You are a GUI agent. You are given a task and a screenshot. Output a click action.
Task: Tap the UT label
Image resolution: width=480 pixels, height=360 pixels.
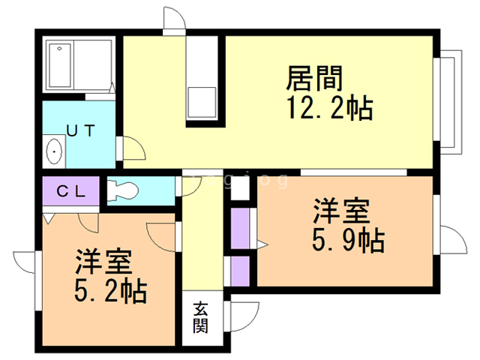80,130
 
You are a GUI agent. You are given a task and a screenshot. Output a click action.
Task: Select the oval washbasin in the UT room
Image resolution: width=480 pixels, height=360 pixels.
55,152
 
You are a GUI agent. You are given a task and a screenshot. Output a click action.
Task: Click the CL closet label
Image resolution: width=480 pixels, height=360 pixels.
71,190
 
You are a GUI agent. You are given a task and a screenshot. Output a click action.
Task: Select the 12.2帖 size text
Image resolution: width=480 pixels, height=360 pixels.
328,109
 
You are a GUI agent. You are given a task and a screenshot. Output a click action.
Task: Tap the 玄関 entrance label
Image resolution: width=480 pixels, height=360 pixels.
201,316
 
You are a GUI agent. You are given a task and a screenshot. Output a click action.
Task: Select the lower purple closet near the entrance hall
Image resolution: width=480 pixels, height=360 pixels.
240,271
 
